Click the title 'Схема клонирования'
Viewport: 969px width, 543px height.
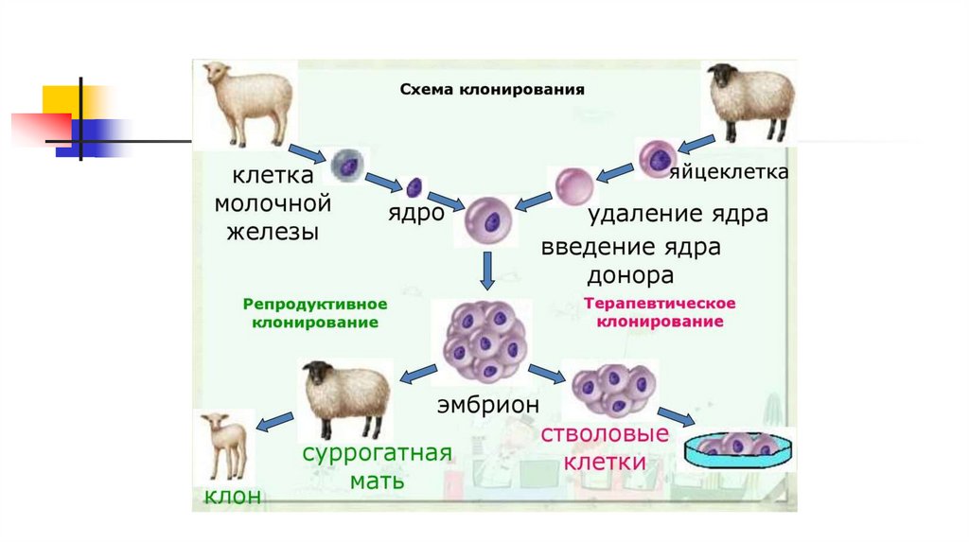(492, 90)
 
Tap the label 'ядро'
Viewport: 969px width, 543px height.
(416, 213)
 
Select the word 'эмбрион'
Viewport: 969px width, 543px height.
(487, 405)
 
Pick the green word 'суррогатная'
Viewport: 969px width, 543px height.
(378, 451)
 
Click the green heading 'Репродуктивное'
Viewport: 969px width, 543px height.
(315, 305)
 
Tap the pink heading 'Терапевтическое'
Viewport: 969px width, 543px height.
(660, 305)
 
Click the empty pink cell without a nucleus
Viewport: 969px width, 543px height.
(573, 185)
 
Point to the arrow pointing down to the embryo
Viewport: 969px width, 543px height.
(488, 271)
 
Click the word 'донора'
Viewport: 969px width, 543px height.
(630, 276)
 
